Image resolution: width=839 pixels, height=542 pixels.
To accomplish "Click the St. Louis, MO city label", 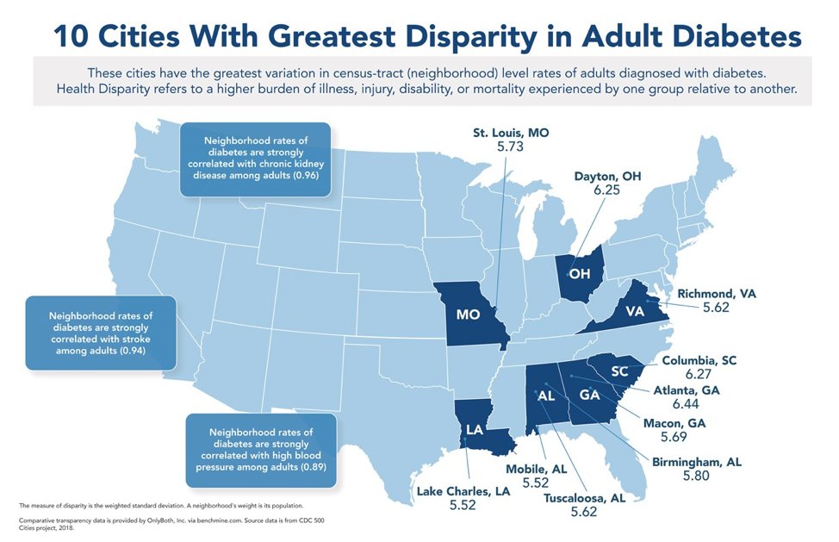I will (510, 134).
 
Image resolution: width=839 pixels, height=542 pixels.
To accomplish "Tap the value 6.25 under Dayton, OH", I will (606, 190).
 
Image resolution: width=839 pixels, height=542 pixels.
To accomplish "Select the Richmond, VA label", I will (716, 294).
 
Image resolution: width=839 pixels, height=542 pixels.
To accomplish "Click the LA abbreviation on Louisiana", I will (474, 429).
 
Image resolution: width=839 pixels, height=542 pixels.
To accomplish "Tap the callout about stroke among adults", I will (101, 333).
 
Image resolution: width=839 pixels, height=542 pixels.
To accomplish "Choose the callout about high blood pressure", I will (260, 448).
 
